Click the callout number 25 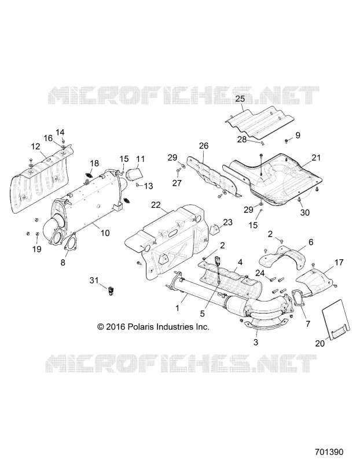coord(240,98)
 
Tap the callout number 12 coord(35,146)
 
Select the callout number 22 coord(156,205)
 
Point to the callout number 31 coord(94,280)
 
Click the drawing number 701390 coord(329,452)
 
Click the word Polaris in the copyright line coord(139,327)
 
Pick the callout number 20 coord(320,343)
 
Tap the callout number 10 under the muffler coord(105,233)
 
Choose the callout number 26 coord(204,146)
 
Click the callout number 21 coord(315,157)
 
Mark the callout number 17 coord(339,262)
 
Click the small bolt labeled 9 coord(286,141)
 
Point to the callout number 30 coord(304,212)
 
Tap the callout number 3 coord(256,343)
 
